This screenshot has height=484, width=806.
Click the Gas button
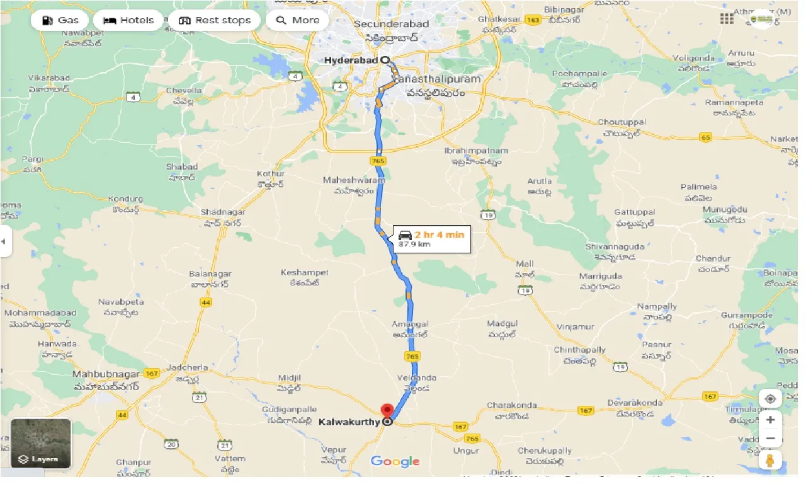click(x=60, y=20)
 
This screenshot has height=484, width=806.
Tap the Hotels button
click(x=128, y=20)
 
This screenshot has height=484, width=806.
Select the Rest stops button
click(x=214, y=20)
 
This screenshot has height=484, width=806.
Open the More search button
click(x=298, y=20)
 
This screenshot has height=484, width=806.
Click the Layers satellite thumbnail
click(x=41, y=444)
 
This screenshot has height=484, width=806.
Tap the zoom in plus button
click(x=770, y=419)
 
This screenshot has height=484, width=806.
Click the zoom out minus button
click(x=770, y=439)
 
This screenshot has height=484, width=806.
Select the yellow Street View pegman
click(x=770, y=461)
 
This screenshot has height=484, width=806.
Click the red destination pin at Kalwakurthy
click(x=388, y=410)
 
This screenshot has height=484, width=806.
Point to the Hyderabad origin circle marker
click(x=385, y=60)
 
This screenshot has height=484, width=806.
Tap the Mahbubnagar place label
click(x=102, y=374)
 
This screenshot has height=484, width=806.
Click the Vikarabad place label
click(x=49, y=78)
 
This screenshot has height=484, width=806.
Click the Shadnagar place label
click(x=223, y=212)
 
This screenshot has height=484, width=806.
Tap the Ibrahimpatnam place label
click(x=476, y=151)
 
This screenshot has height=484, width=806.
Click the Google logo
click(x=395, y=461)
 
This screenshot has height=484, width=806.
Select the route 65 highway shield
click(x=705, y=137)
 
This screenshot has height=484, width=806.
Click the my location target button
click(x=770, y=398)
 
